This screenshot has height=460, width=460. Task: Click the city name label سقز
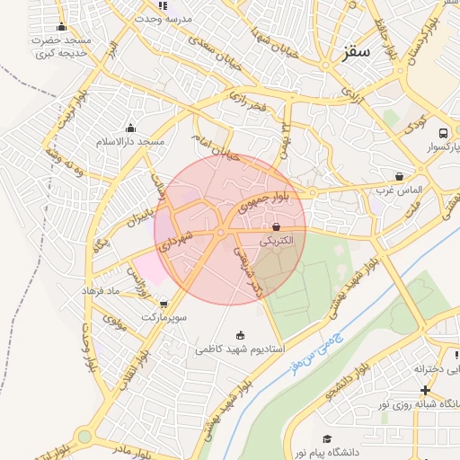click(x=356, y=54)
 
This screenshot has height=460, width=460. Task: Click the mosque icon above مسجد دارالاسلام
click(x=131, y=128)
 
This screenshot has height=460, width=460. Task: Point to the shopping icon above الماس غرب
click(x=399, y=176)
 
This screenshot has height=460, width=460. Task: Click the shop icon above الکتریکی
click(x=276, y=227)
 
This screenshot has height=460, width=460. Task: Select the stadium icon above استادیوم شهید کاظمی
click(x=239, y=335)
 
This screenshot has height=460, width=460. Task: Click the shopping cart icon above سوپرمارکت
click(x=163, y=304)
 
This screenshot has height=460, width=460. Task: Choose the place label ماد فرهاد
click(x=102, y=292)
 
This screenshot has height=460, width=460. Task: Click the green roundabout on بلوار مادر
click(x=84, y=437)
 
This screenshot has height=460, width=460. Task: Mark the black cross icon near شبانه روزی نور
click(x=425, y=390)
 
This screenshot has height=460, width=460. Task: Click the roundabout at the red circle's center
click(x=220, y=234)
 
